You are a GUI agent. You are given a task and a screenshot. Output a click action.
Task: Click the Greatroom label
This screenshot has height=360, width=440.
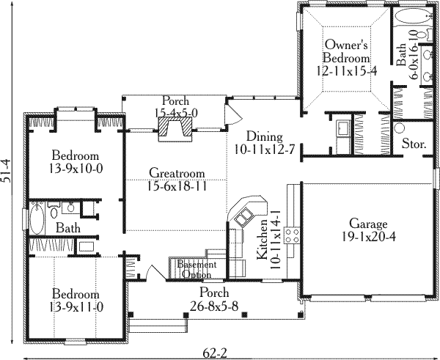point(177,173)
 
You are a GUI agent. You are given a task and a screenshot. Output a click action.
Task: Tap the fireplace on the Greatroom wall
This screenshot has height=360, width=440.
point(175,129)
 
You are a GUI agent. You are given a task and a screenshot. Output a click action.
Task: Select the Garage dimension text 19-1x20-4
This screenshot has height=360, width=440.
point(368,237)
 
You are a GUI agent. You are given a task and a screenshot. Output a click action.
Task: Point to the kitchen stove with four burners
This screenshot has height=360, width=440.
point(292,235)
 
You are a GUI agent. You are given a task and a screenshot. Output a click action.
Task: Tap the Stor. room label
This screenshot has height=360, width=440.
point(414,144)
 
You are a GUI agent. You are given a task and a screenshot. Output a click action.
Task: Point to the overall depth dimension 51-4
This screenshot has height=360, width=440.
point(6,171)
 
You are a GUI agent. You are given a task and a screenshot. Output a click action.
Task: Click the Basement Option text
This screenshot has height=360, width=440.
point(197,270)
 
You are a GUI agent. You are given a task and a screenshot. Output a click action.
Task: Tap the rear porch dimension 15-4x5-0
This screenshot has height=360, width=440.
point(176,113)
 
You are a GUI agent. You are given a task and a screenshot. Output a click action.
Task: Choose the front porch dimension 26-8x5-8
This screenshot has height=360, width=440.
point(214,306)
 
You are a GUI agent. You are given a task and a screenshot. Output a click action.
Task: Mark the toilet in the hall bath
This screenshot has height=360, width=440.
point(54,210)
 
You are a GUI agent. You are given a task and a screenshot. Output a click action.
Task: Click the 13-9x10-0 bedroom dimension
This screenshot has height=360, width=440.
point(76,169)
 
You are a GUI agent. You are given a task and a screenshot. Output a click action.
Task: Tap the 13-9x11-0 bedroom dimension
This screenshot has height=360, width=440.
point(76,307)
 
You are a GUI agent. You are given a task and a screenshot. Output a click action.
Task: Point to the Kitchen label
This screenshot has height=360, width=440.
point(263,239)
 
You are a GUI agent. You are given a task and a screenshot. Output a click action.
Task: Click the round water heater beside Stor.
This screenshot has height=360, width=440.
point(399,128)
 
